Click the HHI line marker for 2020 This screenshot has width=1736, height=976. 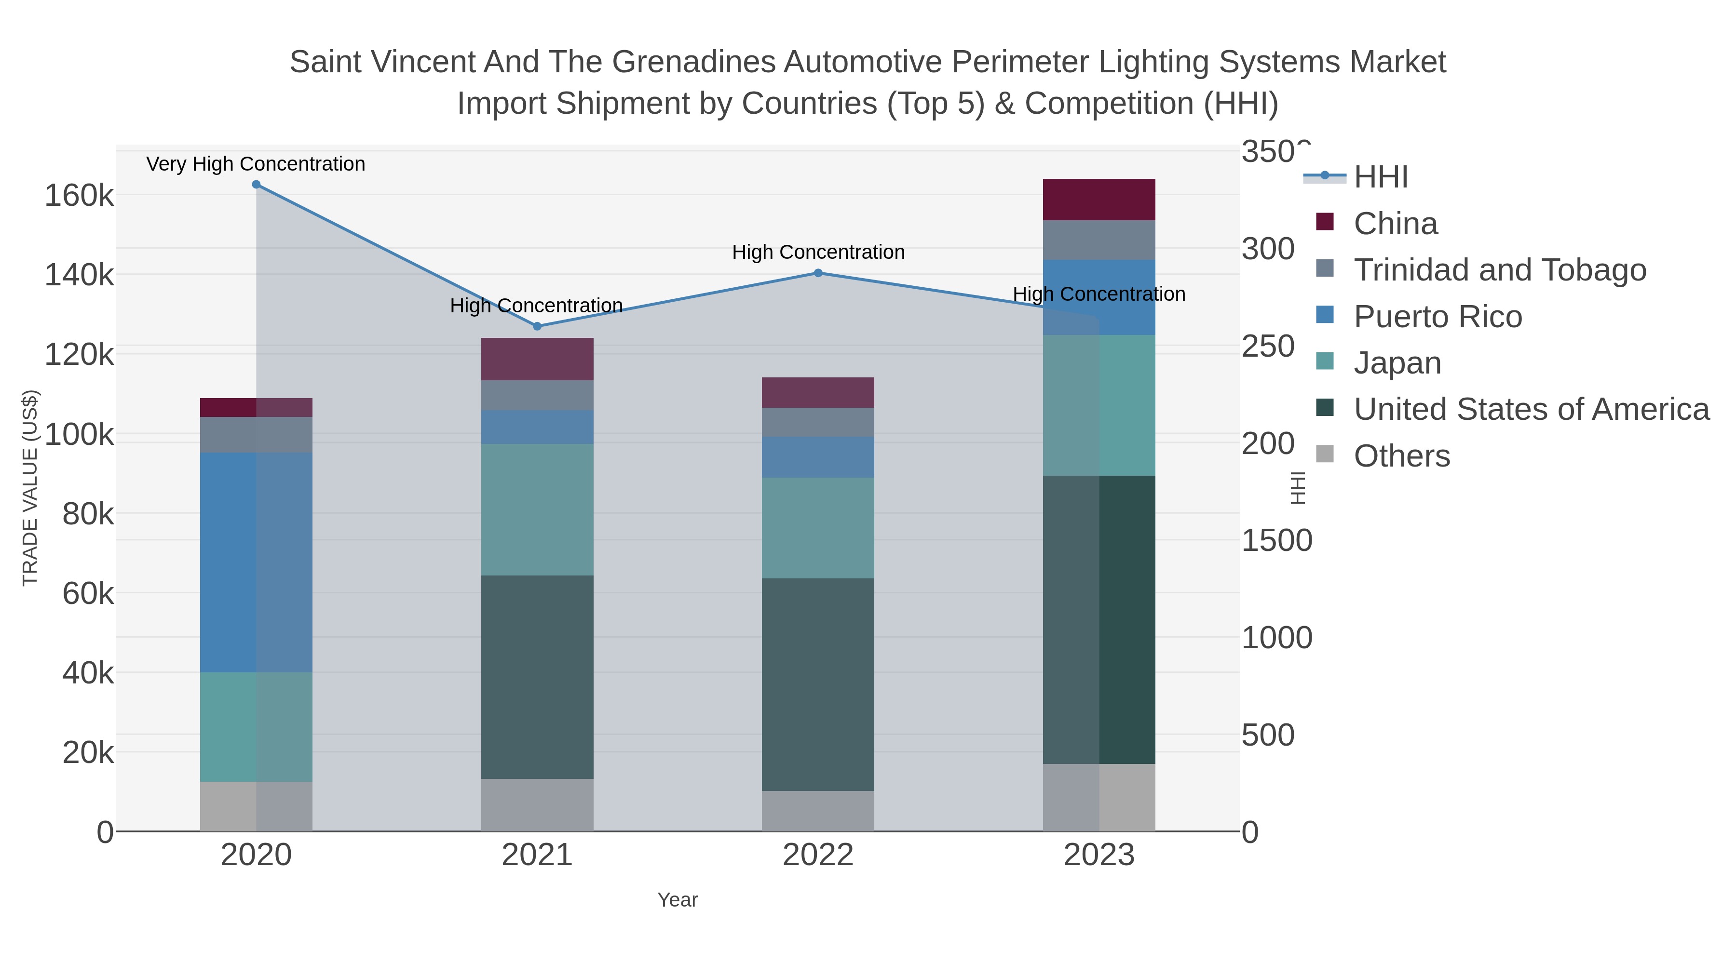click(x=256, y=185)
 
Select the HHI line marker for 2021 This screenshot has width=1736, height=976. click(x=537, y=326)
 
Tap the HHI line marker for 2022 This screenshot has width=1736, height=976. click(x=818, y=273)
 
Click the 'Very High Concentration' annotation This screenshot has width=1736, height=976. click(x=256, y=164)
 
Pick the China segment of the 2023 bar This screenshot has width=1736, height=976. click(x=1099, y=200)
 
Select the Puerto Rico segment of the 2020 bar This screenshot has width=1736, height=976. click(x=256, y=562)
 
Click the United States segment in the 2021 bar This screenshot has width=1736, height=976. click(x=537, y=677)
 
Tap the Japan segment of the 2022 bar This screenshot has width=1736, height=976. click(x=818, y=528)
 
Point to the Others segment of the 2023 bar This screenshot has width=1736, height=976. click(x=1099, y=798)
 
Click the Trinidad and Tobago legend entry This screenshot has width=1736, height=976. click(x=1499, y=270)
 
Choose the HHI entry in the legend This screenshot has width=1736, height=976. click(x=1380, y=177)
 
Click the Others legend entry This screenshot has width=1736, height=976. click(x=1401, y=456)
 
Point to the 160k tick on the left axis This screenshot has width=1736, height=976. click(x=79, y=196)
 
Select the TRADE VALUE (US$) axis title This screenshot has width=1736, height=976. click(x=30, y=488)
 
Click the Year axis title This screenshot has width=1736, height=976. click(x=678, y=900)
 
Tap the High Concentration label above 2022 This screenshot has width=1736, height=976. click(x=818, y=253)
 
